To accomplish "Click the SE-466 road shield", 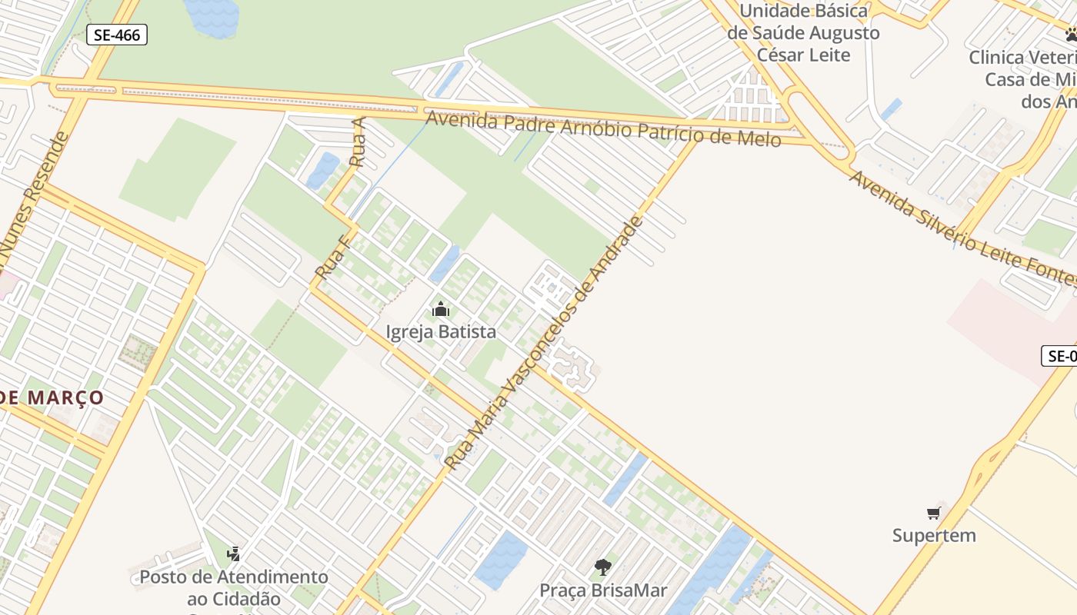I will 116,35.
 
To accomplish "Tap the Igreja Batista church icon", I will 441,310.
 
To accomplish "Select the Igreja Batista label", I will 441,332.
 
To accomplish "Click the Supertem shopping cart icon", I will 934,513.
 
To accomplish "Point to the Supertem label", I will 934,535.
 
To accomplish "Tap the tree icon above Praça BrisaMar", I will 603,567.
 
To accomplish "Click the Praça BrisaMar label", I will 603,590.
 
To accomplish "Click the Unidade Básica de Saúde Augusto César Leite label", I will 803,33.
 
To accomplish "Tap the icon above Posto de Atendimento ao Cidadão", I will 234,553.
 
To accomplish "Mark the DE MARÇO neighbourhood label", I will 52,397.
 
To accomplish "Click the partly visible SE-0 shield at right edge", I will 1059,356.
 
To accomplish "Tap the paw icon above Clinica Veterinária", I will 1071,35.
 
